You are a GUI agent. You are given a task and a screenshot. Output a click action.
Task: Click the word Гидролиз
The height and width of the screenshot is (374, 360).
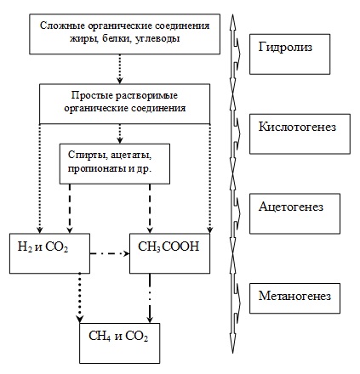click(285, 47)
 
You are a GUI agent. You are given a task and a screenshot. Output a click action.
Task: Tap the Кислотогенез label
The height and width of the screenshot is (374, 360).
click(297, 127)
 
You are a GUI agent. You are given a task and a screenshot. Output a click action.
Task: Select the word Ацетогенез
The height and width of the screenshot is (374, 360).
click(291, 207)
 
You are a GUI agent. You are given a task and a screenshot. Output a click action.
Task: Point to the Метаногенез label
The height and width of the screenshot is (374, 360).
click(294, 296)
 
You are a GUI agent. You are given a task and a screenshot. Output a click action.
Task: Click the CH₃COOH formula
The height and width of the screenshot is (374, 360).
click(169, 246)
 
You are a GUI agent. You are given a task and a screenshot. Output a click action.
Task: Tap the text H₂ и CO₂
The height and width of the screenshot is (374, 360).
click(43, 247)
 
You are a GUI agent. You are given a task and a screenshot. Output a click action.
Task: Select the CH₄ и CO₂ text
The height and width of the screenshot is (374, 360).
click(118, 337)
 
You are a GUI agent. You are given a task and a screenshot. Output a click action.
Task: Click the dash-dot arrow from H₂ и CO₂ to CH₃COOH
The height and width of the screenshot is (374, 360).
click(110, 253)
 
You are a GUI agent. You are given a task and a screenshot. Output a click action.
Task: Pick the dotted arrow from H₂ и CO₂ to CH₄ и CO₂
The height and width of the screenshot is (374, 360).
click(80, 298)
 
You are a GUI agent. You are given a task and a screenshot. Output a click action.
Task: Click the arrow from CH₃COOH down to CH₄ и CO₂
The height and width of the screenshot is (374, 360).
click(150, 298)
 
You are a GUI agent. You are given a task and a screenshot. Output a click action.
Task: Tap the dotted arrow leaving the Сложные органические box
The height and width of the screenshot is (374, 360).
click(120, 69)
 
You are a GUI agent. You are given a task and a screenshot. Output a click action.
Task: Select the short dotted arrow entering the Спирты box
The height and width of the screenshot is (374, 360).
click(120, 133)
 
